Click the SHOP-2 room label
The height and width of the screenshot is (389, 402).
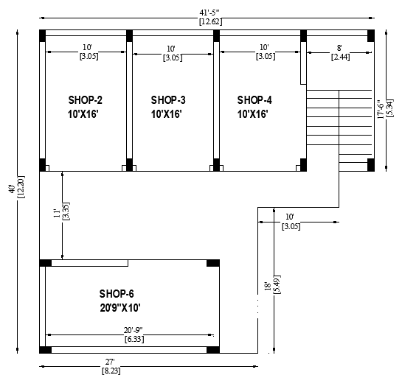(85, 100)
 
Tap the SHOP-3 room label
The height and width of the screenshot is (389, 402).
(168, 100)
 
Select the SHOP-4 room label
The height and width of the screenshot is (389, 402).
(254, 100)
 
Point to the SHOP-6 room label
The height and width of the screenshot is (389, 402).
(117, 294)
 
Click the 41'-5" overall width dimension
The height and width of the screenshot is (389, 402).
(209, 13)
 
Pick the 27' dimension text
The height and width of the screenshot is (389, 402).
(110, 362)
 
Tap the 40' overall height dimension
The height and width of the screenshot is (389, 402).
(12, 189)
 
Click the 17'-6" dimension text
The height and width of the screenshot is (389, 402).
(381, 109)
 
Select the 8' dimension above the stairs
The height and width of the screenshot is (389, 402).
(339, 48)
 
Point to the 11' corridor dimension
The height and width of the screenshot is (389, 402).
(57, 213)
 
